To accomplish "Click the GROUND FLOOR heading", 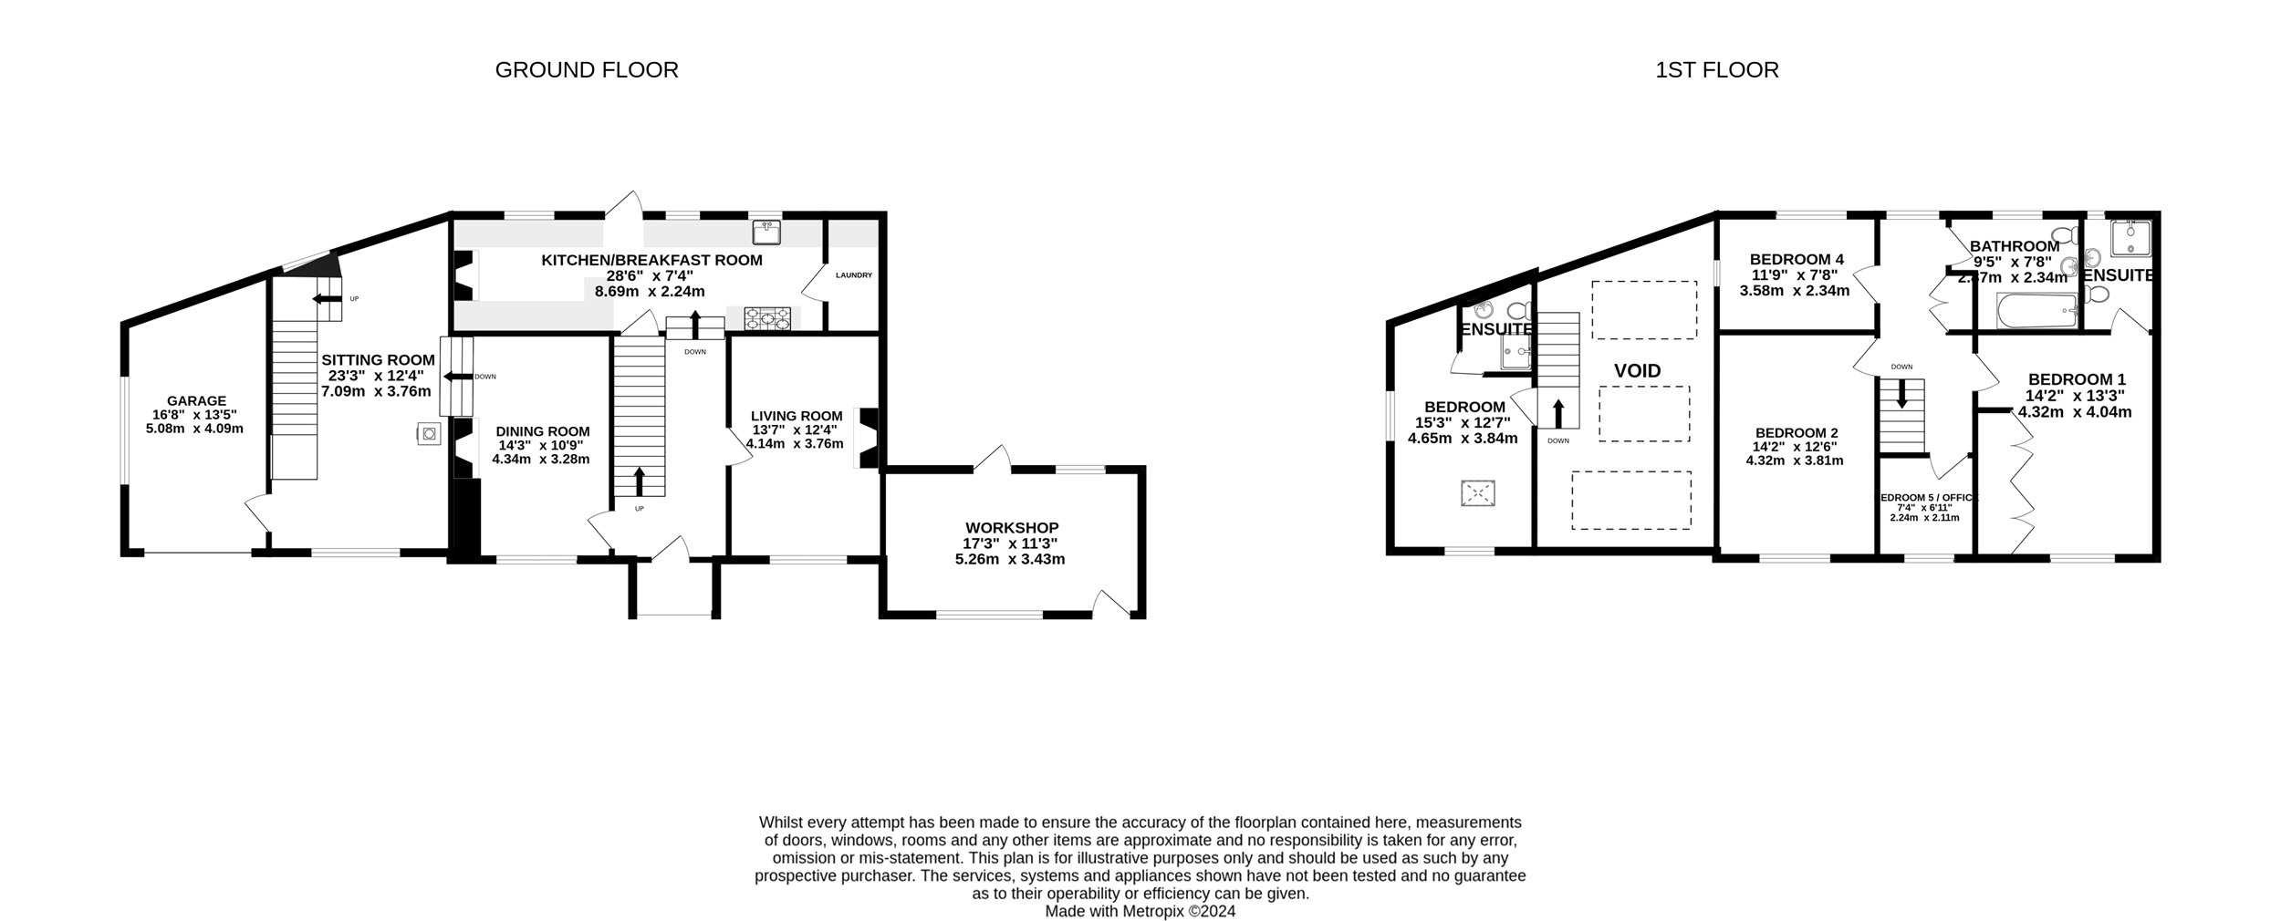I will tap(587, 70).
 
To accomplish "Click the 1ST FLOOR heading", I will tap(1716, 70).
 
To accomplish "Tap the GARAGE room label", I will tap(196, 401).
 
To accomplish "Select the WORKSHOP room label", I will tap(1012, 528).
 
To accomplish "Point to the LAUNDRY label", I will tap(854, 275).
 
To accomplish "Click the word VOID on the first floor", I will tap(1638, 371).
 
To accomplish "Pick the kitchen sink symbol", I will tap(766, 233).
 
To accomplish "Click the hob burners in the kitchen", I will tap(769, 318).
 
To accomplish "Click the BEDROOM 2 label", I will tap(1795, 433).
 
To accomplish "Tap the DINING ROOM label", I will tap(542, 431).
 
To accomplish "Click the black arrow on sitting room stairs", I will tap(323, 298).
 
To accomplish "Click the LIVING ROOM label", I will tap(796, 416).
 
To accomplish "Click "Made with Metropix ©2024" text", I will tap(1140, 911).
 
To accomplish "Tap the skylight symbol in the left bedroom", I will tap(1478, 493).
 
